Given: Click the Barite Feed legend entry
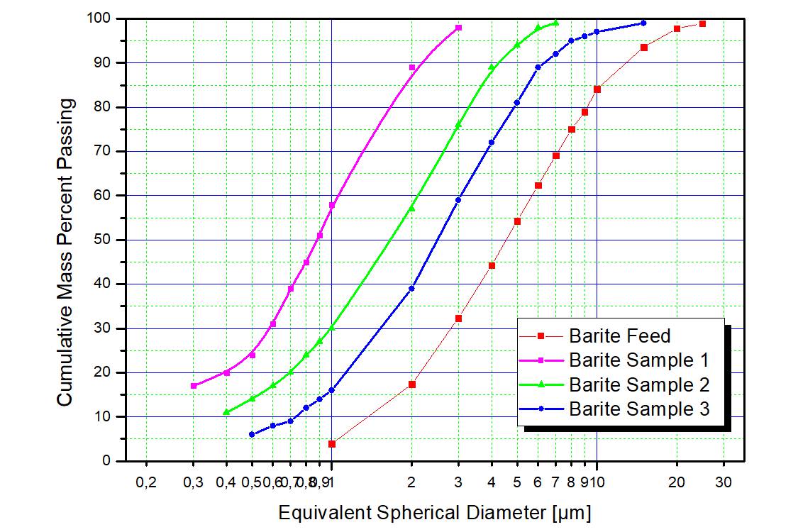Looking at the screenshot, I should pos(619,336).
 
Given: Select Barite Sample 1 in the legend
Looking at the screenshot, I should pos(638,360).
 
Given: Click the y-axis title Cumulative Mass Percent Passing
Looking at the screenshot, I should pos(65,253).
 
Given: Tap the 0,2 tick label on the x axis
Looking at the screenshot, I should pos(146,483).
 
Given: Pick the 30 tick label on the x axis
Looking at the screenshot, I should pos(724,483).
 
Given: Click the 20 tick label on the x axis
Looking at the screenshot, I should pos(677,483).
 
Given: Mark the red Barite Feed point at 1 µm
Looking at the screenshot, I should pos(332,444).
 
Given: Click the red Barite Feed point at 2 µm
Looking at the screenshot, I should pos(411,384).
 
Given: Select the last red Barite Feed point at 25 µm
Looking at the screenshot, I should pos(702,23).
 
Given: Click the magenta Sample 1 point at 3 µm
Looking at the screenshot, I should pos(458,27).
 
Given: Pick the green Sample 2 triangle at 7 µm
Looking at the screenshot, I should pos(556,23).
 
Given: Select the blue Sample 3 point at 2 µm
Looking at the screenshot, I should pos(411,288).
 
